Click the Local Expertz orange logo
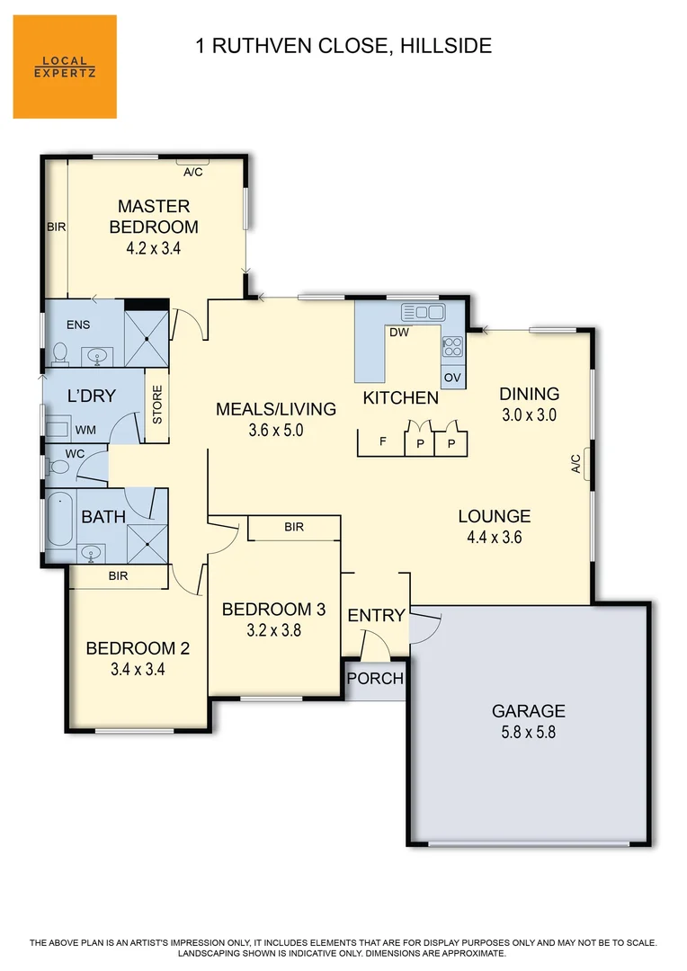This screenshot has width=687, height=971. pos(65,67)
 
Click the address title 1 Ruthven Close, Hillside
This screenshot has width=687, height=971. pos(343,45)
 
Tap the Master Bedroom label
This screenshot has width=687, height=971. pos(154,217)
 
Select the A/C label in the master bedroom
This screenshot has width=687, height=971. pos(192,172)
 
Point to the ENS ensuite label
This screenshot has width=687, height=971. pos(78,325)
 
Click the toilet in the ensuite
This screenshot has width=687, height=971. pos(61,352)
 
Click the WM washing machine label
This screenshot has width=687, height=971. pos(85,431)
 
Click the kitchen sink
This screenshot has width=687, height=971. pos(423,312)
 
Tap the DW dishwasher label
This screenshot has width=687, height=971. pos(399,333)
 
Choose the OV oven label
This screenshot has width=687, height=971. pos(452,378)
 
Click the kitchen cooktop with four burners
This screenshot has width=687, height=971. pos(452,345)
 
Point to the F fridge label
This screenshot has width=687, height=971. pos(382,441)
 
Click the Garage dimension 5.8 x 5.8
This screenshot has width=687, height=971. pos(528,732)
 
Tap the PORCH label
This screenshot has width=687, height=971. pos(375,678)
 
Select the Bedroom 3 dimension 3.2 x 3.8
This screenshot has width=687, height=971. pos(273,630)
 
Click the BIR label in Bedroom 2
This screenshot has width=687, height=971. pos(118,577)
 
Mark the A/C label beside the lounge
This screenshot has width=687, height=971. pos(575,463)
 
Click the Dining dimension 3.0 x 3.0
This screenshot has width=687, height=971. pos(530,414)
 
